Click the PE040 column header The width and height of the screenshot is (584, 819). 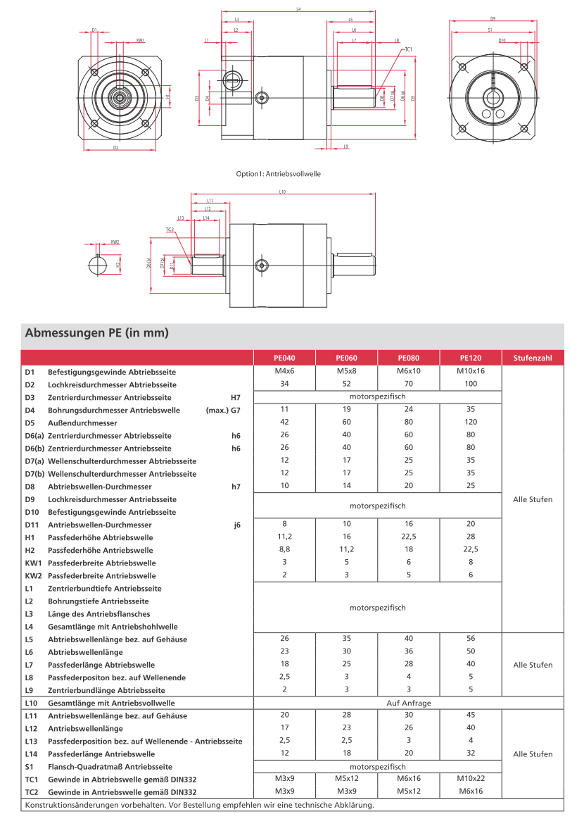coord(284,358)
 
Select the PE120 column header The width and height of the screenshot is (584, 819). coord(471,358)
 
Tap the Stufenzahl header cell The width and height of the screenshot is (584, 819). coord(533,358)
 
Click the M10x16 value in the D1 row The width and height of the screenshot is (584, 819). coord(471,371)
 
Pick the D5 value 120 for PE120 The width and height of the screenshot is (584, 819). coord(471,423)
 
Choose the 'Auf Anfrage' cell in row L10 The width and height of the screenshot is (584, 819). coord(409,703)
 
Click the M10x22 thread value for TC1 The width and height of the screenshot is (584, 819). coord(471,779)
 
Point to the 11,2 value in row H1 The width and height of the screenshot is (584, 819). coord(284,537)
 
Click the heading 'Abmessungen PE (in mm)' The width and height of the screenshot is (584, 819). coord(96,332)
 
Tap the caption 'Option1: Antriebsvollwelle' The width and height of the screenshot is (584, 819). coord(279,173)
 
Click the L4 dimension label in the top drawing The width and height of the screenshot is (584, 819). coord(298,10)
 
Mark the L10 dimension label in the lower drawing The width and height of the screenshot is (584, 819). coord(282,191)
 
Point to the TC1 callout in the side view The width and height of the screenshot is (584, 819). coord(408,49)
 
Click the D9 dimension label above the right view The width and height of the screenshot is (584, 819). coord(493,18)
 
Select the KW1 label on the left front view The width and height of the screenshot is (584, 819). coord(141,41)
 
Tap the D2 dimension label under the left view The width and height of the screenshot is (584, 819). coord(115,148)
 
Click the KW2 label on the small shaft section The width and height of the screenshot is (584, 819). coord(115,242)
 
